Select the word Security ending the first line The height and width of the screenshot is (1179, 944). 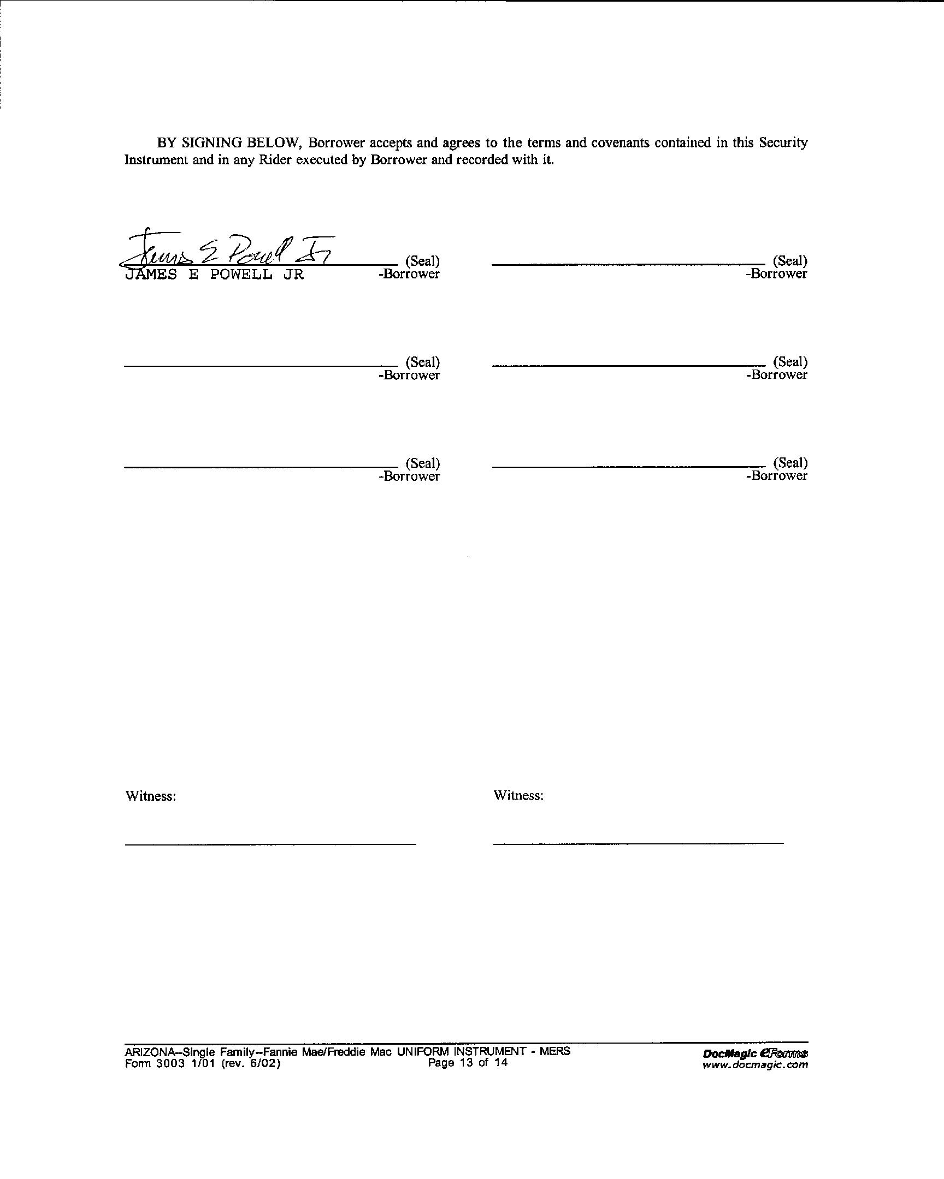(x=782, y=143)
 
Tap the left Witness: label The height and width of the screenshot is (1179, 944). (x=151, y=796)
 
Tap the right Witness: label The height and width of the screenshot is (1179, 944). (x=518, y=795)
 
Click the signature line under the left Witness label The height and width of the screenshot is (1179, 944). (x=270, y=844)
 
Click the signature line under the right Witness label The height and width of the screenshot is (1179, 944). (x=638, y=843)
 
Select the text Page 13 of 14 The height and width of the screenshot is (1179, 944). (x=468, y=1063)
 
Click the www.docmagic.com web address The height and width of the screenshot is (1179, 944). (x=754, y=1065)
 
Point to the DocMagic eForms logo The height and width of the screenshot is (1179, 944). (x=755, y=1053)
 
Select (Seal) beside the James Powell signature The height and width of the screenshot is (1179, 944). (x=422, y=261)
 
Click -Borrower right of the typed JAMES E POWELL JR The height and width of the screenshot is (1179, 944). (x=409, y=274)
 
